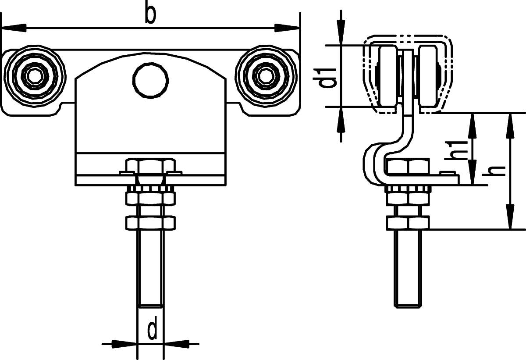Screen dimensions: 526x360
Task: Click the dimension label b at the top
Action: (x=150, y=14)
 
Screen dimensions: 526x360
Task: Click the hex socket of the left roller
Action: (x=35, y=76)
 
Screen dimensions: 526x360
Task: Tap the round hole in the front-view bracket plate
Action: (x=151, y=80)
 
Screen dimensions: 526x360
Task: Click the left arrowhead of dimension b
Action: (x=14, y=28)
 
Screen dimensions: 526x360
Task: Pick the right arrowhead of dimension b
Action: (x=287, y=28)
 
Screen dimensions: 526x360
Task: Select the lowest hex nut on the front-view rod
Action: (x=151, y=223)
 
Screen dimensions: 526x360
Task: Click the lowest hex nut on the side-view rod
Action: (x=408, y=223)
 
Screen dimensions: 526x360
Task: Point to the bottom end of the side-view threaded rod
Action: (x=408, y=307)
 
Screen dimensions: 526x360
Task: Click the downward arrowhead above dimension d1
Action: (x=341, y=32)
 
